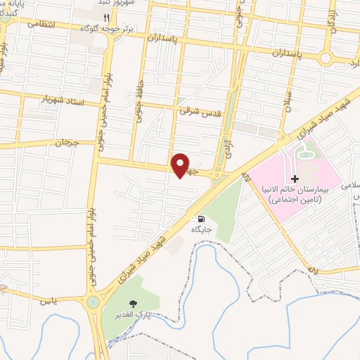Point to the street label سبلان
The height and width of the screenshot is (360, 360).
point(287,109)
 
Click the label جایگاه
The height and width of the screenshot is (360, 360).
point(202,229)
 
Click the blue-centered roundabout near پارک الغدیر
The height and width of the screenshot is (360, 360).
point(92,302)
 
